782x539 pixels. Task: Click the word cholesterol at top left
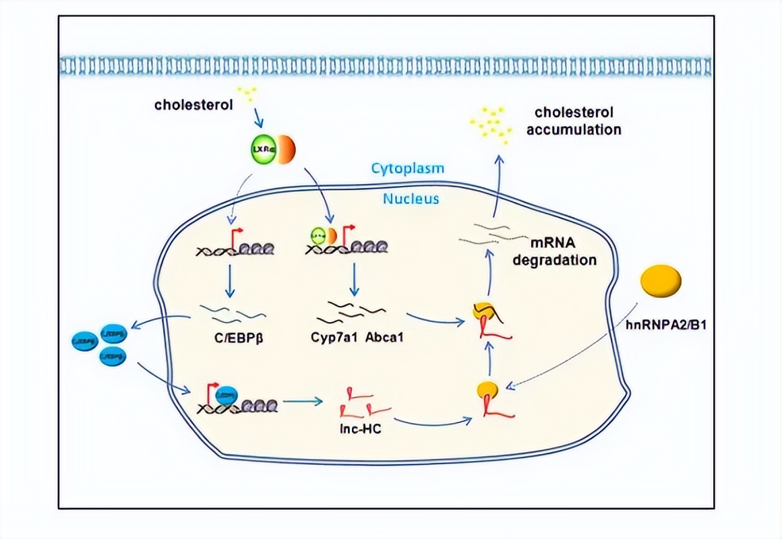[x=194, y=104]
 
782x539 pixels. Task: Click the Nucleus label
[x=411, y=199]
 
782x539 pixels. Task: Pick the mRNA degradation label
[x=554, y=251]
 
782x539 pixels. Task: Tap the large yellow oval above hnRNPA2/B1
[x=660, y=282]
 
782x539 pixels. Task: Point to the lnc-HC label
[x=361, y=428]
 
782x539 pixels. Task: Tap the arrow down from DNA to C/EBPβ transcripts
[x=230, y=283]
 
